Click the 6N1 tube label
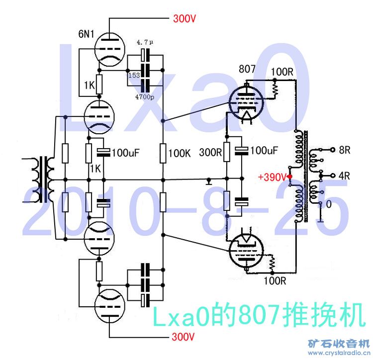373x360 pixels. click(x=86, y=34)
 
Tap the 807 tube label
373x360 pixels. click(x=247, y=69)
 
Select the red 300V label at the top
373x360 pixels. click(x=185, y=18)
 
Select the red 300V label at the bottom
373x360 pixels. click(x=183, y=337)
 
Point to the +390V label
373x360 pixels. click(x=273, y=177)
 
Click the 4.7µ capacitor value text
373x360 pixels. click(x=145, y=42)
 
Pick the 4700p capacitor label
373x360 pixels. click(x=145, y=97)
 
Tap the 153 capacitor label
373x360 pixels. click(x=134, y=76)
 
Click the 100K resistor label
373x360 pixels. click(x=180, y=153)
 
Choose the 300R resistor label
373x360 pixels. click(x=210, y=153)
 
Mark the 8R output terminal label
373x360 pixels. click(x=345, y=150)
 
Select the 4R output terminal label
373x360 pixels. click(x=344, y=176)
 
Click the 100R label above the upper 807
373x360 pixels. click(x=282, y=72)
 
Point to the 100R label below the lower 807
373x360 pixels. click(x=275, y=281)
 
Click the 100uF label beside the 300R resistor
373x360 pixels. click(x=264, y=150)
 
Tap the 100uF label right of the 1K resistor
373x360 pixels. click(x=126, y=153)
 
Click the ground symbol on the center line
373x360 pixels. click(x=209, y=181)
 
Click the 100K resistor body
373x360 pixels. click(x=163, y=153)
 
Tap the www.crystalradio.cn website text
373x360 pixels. click(x=339, y=353)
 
